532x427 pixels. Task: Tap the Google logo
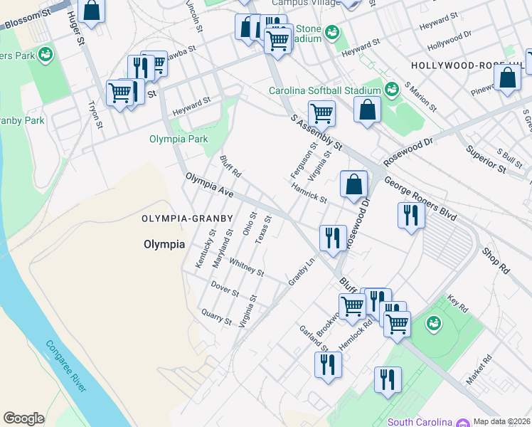click(23, 418)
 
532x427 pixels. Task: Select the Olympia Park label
click(179, 139)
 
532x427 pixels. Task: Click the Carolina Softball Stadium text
click(324, 90)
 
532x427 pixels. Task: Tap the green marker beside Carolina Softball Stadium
click(391, 89)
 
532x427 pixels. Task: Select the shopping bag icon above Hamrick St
click(353, 185)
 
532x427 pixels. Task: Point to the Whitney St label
click(246, 268)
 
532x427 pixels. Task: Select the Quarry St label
click(216, 317)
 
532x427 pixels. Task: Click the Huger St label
click(78, 31)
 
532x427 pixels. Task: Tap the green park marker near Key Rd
click(432, 324)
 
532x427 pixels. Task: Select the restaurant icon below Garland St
click(328, 364)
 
